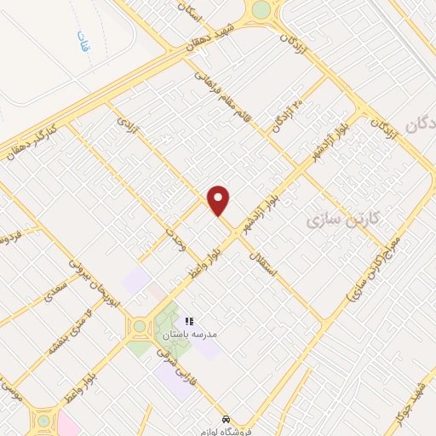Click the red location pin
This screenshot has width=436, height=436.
[219, 201]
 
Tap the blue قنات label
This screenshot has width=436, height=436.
[83, 42]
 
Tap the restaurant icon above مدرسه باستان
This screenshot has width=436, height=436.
[190, 321]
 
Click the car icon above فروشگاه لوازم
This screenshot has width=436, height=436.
[226, 420]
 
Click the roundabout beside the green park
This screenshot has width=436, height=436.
[139, 326]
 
